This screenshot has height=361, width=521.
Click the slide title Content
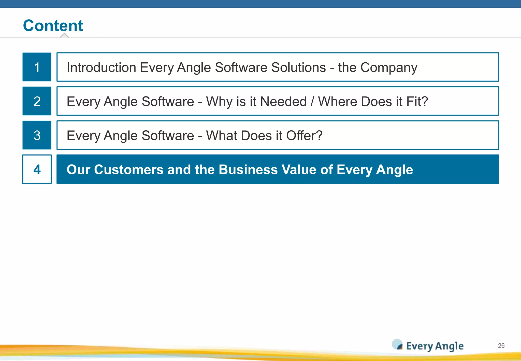tap(53, 26)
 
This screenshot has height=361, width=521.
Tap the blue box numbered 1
tap(37, 67)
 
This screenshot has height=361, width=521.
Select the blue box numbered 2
tap(37, 101)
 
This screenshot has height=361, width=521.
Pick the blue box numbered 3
tap(37, 135)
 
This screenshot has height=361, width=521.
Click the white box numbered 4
tap(37, 169)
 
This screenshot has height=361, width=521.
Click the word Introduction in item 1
tap(101, 67)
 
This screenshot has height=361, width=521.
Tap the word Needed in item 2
tap(283, 102)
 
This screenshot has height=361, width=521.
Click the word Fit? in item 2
tap(417, 102)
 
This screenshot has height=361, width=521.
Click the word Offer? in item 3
tap(304, 135)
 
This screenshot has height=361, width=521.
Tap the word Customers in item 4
tap(128, 170)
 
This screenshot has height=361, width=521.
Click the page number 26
tap(501, 345)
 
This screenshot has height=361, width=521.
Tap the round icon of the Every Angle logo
tap(397, 344)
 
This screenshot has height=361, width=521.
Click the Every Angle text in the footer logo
tap(435, 346)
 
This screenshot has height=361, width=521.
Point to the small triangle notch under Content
tap(65, 35)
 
